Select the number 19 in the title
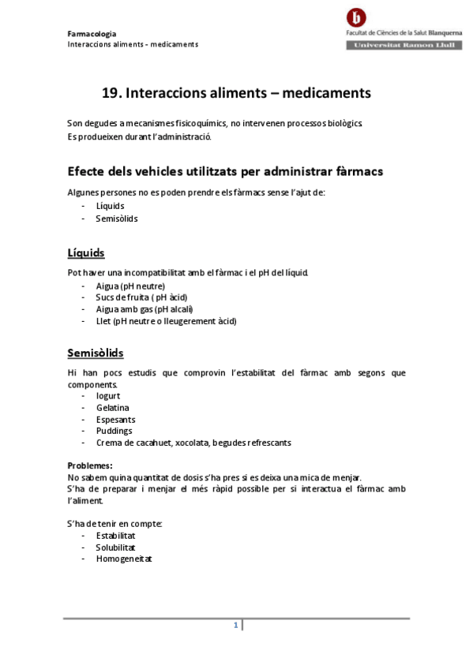111,93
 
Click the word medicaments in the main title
326,93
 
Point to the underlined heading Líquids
86,253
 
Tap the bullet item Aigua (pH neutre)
130,286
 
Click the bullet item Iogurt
107,395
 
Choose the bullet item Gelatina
112,407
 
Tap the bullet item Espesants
114,419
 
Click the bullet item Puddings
114,431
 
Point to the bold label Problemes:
90,465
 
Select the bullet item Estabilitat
115,535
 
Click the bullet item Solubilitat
116,547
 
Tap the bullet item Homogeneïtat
123,559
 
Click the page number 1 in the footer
235,626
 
